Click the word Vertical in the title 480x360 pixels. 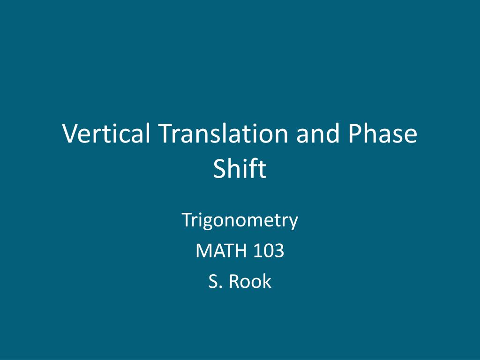tap(106, 133)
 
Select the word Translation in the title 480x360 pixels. tap(223, 133)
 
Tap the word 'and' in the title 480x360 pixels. tap(318, 133)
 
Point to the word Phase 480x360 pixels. tap(382, 133)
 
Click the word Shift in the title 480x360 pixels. tap(240, 168)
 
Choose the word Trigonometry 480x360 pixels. tap(240, 220)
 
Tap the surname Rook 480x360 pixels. tap(250, 281)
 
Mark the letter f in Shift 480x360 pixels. tap(255, 168)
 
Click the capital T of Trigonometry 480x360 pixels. tap(187, 219)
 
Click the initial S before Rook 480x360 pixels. tap(213, 281)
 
